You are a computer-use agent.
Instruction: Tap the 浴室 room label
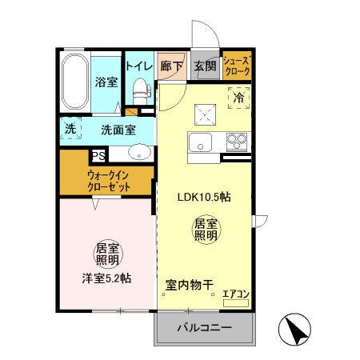coord(106,82)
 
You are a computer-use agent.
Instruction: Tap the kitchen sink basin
coord(199,143)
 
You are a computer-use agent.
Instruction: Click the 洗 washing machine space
coord(70,127)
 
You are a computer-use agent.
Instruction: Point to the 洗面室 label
coord(118,128)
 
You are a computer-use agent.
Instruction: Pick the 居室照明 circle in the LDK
coord(206,230)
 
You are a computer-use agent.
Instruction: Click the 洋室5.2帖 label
coord(106,278)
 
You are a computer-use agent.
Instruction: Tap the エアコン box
coord(236,294)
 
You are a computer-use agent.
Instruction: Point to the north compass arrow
coord(294,330)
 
